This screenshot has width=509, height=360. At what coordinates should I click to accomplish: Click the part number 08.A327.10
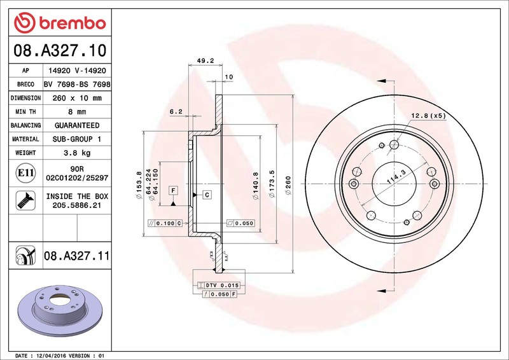(60, 50)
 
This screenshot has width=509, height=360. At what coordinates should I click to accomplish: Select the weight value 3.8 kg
(77, 153)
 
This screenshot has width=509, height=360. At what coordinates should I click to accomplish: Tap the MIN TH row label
(25, 112)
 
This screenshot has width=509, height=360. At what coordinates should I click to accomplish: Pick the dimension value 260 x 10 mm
(77, 98)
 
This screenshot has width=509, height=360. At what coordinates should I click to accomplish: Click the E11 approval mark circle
(25, 173)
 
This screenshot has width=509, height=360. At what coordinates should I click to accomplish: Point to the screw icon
(25, 200)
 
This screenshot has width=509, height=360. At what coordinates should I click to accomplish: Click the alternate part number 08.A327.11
(77, 256)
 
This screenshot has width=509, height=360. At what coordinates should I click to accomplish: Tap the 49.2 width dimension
(206, 60)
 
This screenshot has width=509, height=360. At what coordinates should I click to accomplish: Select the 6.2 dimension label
(176, 112)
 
